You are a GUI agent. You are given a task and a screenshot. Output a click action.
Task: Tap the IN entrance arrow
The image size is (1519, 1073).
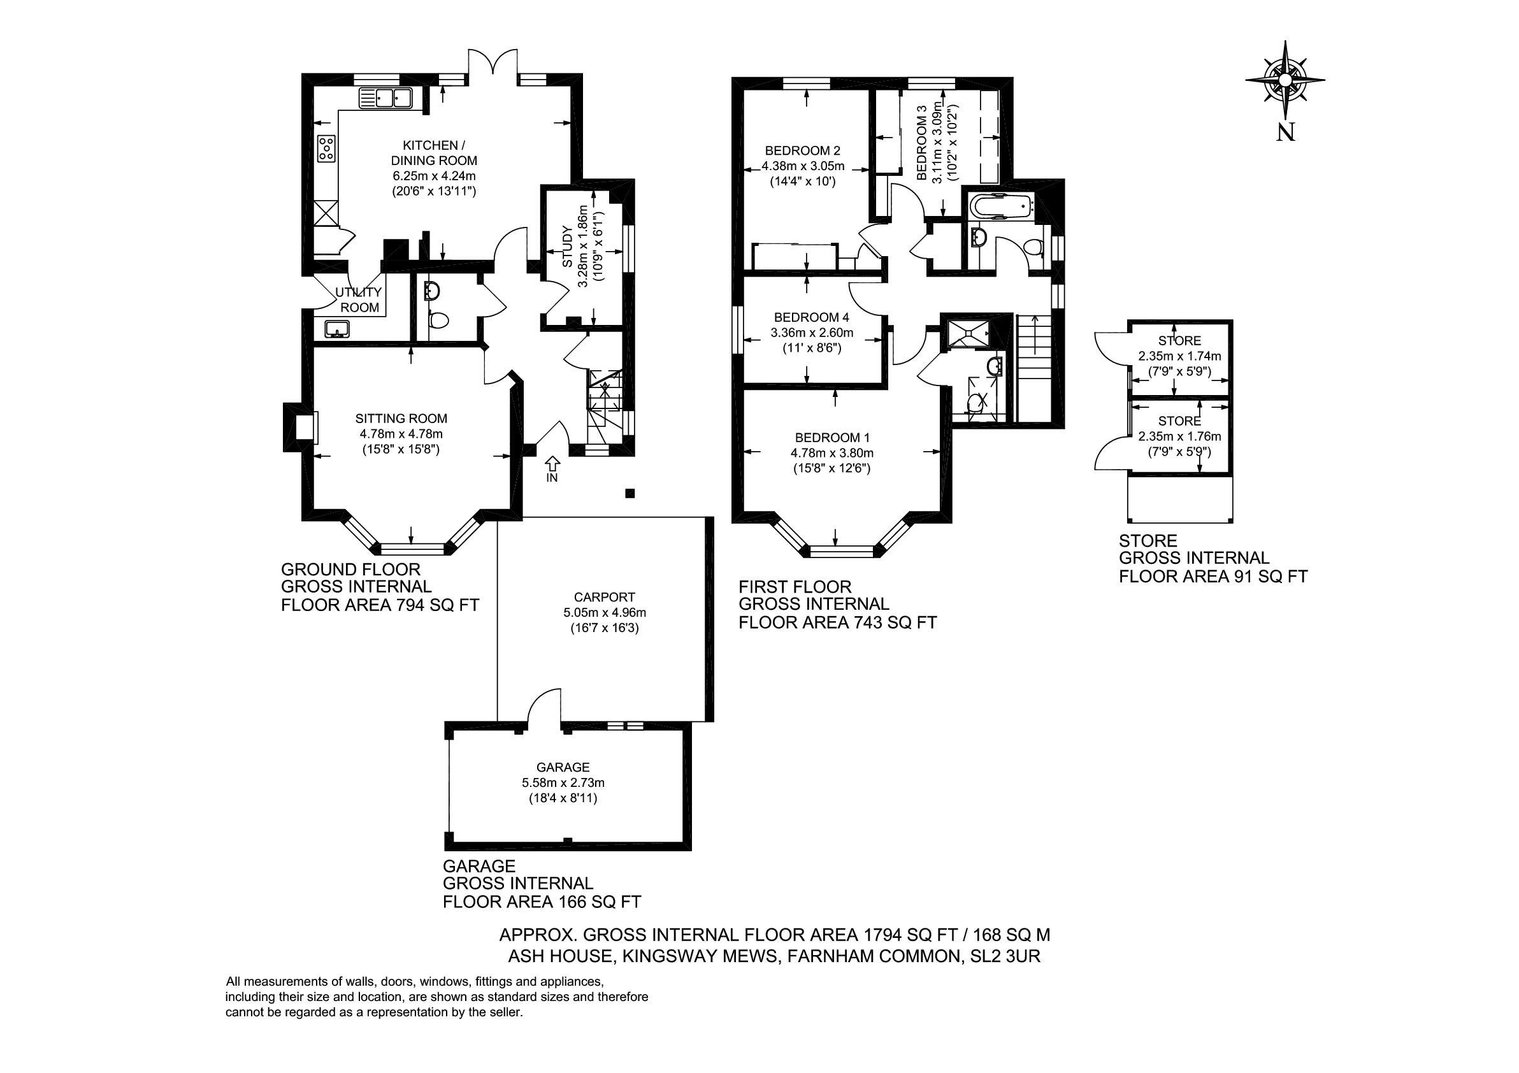552,462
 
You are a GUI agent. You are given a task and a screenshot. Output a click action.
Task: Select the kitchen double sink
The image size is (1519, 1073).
385,99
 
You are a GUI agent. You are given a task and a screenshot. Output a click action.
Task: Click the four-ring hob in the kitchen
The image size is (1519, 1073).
327,149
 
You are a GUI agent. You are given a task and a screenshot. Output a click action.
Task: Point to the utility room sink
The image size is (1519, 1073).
338,329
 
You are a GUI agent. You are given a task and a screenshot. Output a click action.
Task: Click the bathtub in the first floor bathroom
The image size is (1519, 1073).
1000,206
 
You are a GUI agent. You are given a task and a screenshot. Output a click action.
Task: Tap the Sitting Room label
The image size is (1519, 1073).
401,418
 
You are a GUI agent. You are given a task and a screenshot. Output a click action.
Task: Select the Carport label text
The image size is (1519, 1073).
595,596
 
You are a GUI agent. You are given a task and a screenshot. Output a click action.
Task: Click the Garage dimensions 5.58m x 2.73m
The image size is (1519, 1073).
563,782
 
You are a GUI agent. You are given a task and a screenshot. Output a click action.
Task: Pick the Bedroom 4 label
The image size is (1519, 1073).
806,317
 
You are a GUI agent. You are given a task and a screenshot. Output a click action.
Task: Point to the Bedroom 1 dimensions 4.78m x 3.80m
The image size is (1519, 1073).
832,453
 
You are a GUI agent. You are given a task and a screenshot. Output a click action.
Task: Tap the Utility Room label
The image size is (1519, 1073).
360,299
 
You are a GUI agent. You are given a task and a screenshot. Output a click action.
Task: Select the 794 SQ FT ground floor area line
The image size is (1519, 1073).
380,605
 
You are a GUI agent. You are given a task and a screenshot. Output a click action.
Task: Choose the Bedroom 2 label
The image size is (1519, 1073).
802,150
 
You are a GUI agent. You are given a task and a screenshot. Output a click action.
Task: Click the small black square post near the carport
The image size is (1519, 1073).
630,493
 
